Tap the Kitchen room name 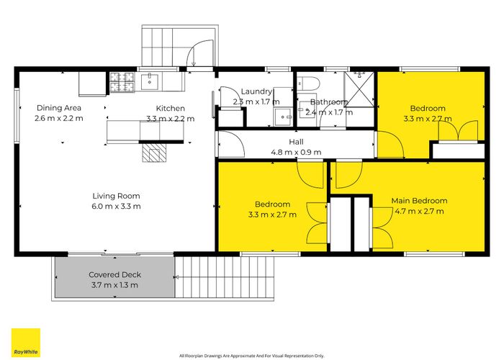[170, 107]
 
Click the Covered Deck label [115, 274]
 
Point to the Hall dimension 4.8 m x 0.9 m [295, 152]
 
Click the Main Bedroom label [419, 200]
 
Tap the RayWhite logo [25, 342]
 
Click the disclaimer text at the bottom [251, 356]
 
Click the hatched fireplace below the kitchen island [154, 151]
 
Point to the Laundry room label [256, 91]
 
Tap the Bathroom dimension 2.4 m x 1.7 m [329, 112]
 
